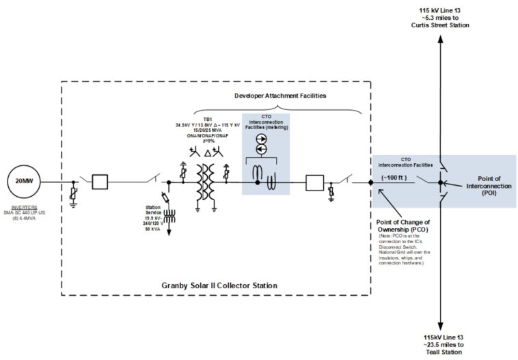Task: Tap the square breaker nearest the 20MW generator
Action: [x=100, y=182]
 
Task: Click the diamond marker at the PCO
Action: [x=370, y=182]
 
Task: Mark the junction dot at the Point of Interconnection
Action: [x=440, y=182]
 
